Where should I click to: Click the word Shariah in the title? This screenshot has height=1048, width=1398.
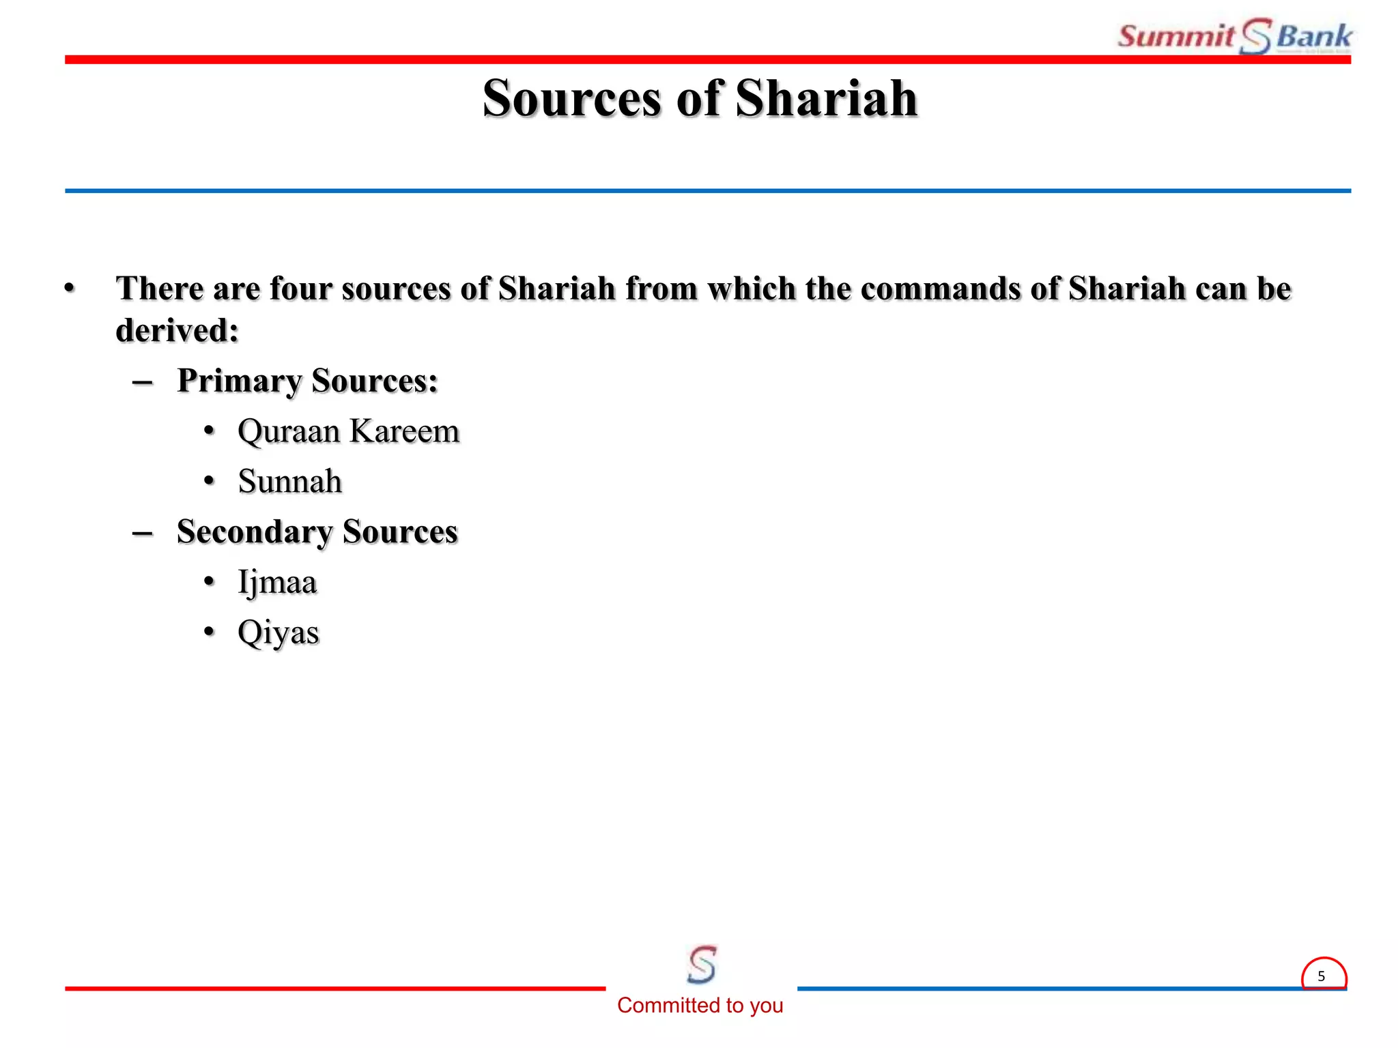(826, 99)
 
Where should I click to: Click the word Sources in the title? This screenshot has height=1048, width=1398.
(571, 99)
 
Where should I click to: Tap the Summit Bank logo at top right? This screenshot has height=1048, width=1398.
(1233, 36)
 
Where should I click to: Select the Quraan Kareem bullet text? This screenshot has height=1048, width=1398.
(348, 431)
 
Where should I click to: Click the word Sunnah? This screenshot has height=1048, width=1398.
(289, 482)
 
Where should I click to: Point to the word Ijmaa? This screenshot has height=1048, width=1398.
(277, 583)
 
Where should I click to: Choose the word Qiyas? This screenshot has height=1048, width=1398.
(278, 632)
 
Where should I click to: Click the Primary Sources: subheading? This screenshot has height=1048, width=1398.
(307, 381)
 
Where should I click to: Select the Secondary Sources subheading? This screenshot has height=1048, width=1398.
(317, 532)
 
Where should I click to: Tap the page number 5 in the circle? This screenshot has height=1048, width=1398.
(1322, 976)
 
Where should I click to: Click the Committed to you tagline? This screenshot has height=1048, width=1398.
(700, 1005)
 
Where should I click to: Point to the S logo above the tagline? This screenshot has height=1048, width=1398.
(702, 964)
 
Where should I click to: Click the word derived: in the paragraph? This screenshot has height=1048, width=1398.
(177, 331)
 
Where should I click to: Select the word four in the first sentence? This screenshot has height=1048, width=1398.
(300, 289)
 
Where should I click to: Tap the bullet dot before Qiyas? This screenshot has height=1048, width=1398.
(210, 632)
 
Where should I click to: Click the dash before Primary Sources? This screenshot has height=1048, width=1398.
(142, 382)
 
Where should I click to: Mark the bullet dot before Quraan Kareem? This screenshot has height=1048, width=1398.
(210, 431)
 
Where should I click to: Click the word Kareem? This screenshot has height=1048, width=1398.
(404, 431)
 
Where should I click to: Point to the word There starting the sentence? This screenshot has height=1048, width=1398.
(160, 289)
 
